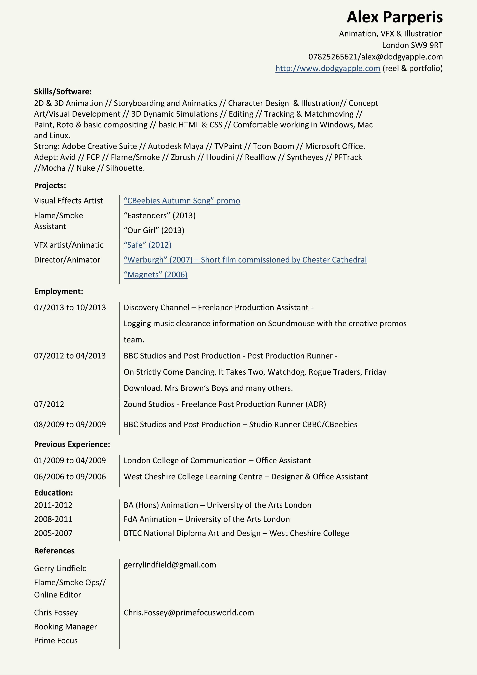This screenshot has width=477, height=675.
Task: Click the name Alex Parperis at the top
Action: click(394, 17)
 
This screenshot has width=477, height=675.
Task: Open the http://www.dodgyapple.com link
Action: click(328, 69)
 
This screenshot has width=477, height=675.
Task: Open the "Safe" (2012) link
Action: click(148, 245)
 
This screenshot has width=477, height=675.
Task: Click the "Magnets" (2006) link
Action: click(155, 275)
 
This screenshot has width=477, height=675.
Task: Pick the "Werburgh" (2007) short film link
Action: click(245, 260)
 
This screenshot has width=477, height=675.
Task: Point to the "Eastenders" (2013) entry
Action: click(160, 216)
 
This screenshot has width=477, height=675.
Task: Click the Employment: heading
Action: click(58, 291)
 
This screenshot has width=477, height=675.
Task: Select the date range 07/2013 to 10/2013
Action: click(70, 307)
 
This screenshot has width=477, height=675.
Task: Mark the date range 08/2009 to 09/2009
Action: click(70, 424)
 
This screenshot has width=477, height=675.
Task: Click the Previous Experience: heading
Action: click(72, 444)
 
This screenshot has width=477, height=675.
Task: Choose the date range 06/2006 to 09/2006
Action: click(70, 477)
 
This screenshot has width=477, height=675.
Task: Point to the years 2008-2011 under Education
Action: click(53, 519)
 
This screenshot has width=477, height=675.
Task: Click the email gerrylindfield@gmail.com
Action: click(170, 565)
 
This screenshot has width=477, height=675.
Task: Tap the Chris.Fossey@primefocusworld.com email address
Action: click(189, 613)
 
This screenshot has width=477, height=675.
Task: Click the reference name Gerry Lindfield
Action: click(60, 568)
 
